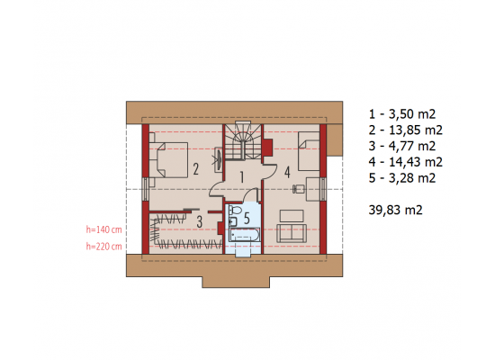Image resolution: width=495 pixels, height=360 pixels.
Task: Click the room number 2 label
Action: click(195, 169)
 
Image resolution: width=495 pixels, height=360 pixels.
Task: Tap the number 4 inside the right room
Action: click(287, 173)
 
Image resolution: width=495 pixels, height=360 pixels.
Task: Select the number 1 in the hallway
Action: click(242, 177)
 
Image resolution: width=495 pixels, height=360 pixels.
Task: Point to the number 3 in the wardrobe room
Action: click(199, 221)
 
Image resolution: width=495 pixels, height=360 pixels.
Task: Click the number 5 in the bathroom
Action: click(247, 218)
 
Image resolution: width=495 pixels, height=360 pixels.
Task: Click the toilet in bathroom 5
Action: click(234, 210)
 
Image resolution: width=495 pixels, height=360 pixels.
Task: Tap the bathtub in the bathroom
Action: click(245, 235)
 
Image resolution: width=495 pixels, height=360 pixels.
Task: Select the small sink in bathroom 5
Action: click(233, 222)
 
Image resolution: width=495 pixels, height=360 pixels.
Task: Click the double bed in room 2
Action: click(169, 160)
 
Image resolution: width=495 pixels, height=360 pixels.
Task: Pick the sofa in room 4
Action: click(292, 233)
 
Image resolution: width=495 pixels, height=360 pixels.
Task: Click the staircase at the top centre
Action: click(243, 141)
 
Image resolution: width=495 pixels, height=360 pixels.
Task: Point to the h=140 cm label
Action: click(103, 229)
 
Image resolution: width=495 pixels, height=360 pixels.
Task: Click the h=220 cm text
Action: click(103, 246)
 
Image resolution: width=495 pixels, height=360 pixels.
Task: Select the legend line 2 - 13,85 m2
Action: click(405, 130)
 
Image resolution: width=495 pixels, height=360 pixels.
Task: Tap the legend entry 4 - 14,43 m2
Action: click(405, 162)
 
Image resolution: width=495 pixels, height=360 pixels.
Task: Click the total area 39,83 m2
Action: click(395, 210)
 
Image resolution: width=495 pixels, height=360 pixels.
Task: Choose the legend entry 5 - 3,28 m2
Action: click(402, 178)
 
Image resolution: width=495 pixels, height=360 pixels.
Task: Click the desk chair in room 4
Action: click(298, 189)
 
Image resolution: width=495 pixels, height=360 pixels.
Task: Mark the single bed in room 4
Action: click(309, 151)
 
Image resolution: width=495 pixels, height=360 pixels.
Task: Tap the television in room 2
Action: click(219, 159)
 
